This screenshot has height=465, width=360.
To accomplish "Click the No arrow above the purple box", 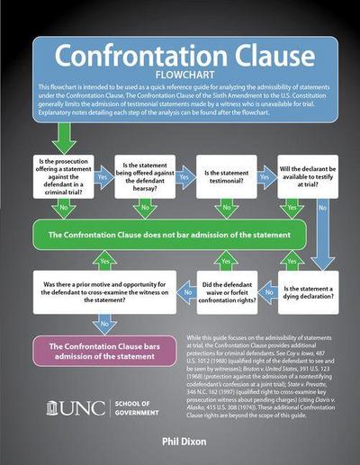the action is (103, 323).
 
